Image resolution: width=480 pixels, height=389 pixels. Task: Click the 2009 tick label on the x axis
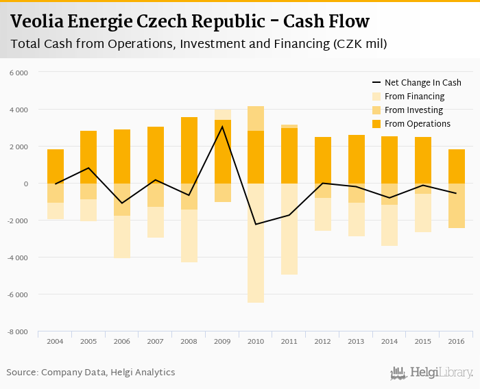point(222,341)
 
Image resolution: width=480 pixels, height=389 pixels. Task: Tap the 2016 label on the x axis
point(456,341)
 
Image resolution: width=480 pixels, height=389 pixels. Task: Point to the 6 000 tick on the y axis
point(19,73)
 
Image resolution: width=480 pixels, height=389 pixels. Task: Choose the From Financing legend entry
point(414,97)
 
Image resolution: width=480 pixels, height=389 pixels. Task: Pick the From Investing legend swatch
point(376,110)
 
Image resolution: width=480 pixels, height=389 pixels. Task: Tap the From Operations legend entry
point(417,124)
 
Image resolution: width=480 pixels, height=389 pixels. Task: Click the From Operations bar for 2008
point(189,150)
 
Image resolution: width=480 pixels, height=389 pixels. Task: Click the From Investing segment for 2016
point(456,205)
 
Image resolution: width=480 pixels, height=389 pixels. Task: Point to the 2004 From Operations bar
point(56,166)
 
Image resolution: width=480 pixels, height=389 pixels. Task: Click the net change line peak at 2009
point(222,127)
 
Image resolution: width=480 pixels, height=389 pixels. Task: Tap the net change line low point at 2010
point(256,225)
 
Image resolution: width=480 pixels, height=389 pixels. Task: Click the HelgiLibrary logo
point(432,373)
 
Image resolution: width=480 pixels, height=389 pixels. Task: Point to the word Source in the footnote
point(22,373)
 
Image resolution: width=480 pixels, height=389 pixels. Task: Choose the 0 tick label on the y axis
point(25,184)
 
